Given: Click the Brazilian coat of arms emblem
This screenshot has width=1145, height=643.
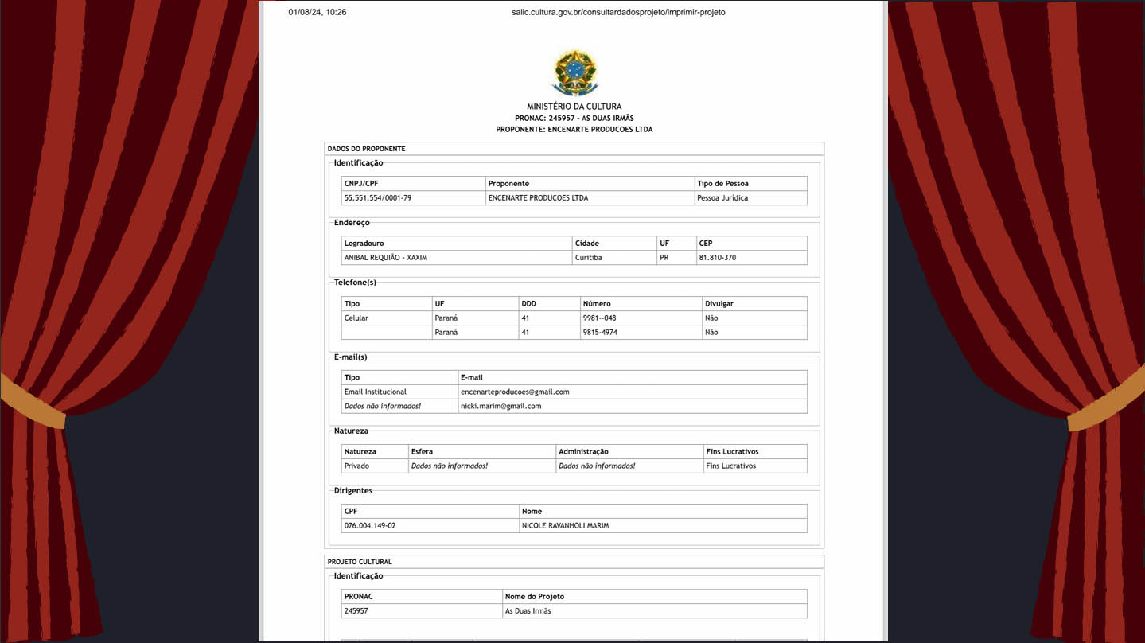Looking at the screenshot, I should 574,73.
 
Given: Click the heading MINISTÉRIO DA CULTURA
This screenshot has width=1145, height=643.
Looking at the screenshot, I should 574,107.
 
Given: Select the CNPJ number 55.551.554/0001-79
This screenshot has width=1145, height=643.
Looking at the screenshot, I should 377,198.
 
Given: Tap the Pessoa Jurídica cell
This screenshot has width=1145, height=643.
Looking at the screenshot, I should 722,198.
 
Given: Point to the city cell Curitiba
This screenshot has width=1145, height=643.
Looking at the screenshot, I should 588,258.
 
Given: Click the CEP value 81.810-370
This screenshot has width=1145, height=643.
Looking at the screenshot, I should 717,258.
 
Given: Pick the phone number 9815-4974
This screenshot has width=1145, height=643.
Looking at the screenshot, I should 600,333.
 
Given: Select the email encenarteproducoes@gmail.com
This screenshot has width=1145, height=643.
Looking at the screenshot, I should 514,392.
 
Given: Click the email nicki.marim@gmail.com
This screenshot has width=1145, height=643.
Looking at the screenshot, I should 500,407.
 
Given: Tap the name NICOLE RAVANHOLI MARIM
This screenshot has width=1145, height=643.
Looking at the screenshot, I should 565,526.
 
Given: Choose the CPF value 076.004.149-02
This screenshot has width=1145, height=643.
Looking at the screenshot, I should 369,526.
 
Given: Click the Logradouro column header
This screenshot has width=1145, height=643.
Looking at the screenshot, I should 364,244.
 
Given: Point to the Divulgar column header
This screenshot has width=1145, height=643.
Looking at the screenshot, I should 719,304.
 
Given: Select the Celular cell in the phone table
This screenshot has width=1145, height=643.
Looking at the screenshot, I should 356,318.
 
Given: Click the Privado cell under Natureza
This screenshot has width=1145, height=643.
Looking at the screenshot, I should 356,466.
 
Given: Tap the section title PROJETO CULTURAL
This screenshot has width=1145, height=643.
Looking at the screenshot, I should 359,562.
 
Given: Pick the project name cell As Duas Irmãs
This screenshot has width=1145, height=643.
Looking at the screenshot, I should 528,611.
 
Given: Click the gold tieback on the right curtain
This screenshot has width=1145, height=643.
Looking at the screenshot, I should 1107,406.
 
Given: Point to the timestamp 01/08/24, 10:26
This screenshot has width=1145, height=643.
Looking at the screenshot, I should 317,13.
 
